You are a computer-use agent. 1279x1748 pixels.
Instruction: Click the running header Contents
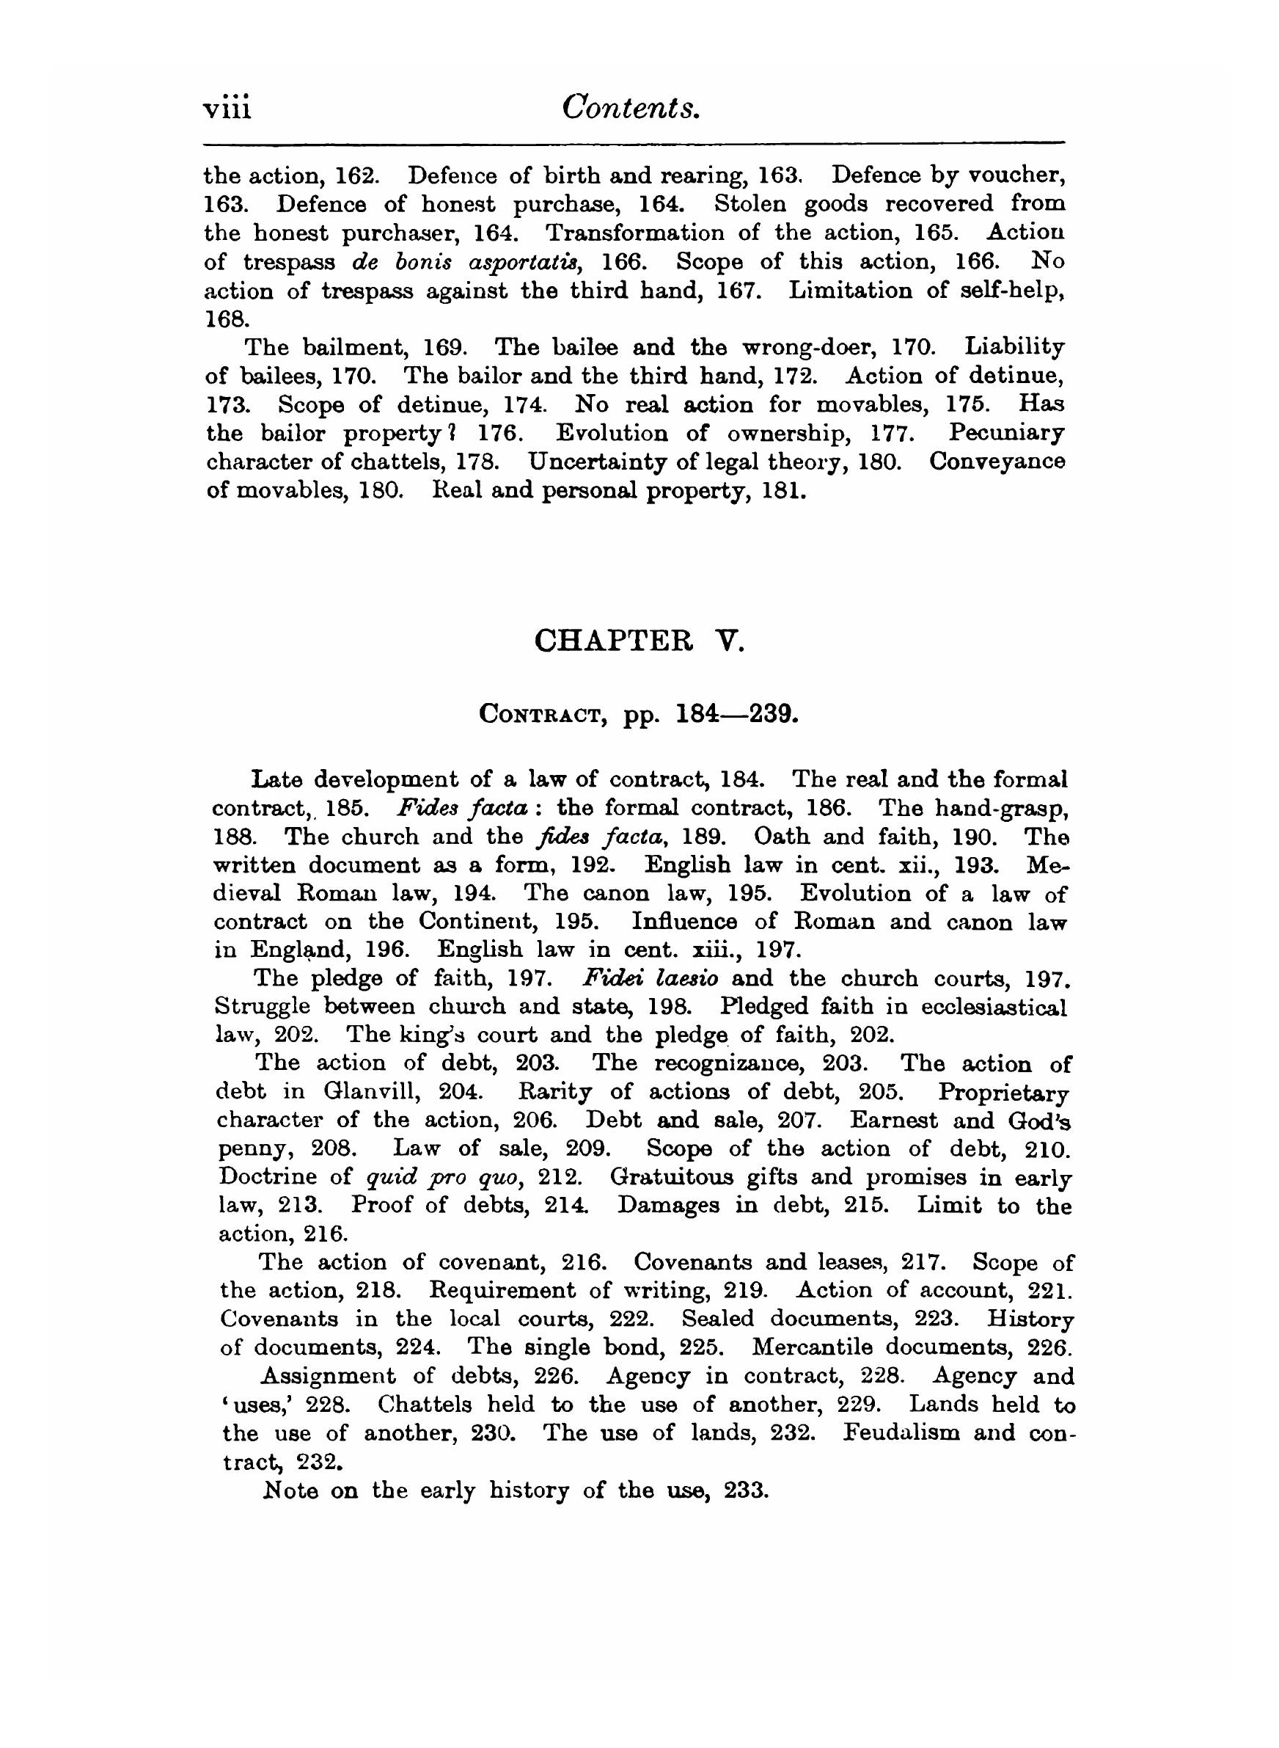point(631,107)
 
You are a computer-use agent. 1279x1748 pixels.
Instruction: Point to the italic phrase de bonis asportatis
point(467,262)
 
